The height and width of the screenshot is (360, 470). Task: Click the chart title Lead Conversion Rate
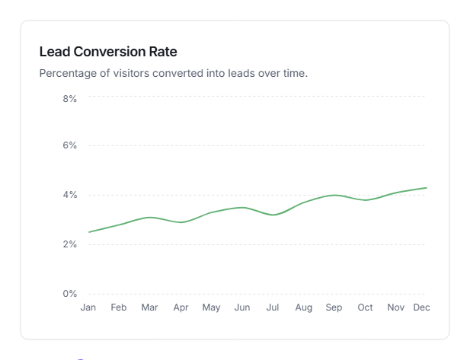pyautogui.click(x=107, y=52)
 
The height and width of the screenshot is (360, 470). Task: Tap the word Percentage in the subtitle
pyautogui.click(x=68, y=74)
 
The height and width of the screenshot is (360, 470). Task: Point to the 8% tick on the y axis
pyautogui.click(x=69, y=98)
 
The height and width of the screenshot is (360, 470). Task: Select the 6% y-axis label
pyautogui.click(x=69, y=145)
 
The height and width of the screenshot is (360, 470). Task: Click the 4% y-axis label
pyautogui.click(x=69, y=195)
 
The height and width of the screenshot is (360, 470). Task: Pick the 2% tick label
pyautogui.click(x=69, y=244)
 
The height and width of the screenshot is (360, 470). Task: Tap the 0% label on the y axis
pyautogui.click(x=69, y=294)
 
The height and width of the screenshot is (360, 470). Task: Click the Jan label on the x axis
pyautogui.click(x=88, y=307)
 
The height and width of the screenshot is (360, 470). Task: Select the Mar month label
pyautogui.click(x=149, y=307)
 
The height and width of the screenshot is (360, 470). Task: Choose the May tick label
pyautogui.click(x=211, y=307)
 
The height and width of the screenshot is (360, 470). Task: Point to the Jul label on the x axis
pyautogui.click(x=273, y=307)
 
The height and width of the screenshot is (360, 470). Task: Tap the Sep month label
pyautogui.click(x=334, y=307)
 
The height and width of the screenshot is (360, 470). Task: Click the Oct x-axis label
pyautogui.click(x=365, y=307)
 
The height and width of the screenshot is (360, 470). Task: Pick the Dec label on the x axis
pyautogui.click(x=420, y=307)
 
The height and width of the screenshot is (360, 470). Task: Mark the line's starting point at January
pyautogui.click(x=89, y=232)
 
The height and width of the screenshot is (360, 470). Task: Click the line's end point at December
pyautogui.click(x=426, y=188)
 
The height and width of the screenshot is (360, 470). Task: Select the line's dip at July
pyautogui.click(x=273, y=215)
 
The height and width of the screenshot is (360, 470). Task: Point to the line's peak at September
pyautogui.click(x=334, y=195)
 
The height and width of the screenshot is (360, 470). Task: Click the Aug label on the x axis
pyautogui.click(x=303, y=307)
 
